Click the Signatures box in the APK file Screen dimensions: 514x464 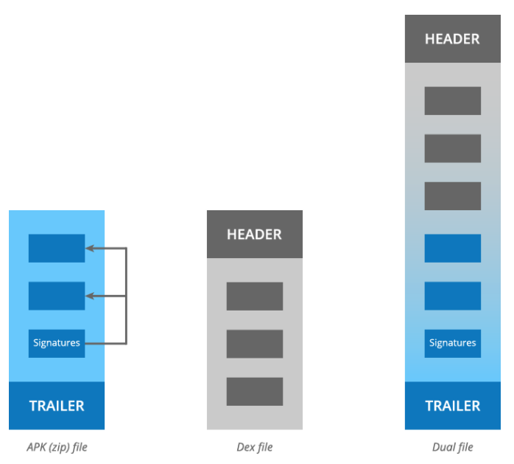pos(57,344)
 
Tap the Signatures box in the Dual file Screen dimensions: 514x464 pos(453,344)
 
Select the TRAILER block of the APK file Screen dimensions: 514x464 pos(57,406)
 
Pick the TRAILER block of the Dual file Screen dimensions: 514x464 pos(453,406)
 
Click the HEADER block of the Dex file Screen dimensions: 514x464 pos(255,234)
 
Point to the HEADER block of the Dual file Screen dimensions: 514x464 pos(453,39)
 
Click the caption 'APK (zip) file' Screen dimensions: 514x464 pos(57,447)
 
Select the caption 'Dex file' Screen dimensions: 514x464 pos(255,447)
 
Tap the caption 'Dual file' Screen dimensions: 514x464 pos(453,447)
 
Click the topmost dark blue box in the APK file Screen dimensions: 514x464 pos(57,249)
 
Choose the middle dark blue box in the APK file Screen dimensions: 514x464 pos(57,296)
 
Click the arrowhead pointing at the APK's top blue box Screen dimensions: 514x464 pos(90,249)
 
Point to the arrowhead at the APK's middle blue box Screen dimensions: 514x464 pos(90,296)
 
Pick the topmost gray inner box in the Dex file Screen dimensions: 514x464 pos(255,297)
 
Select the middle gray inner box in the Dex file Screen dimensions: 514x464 pos(255,344)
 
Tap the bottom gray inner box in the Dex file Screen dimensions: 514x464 pos(255,392)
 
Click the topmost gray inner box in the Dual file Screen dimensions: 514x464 pos(453,101)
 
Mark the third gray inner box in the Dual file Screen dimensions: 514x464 pos(453,196)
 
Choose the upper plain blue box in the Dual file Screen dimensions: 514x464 pos(453,249)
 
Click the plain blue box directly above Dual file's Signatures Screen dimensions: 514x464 pos(453,296)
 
